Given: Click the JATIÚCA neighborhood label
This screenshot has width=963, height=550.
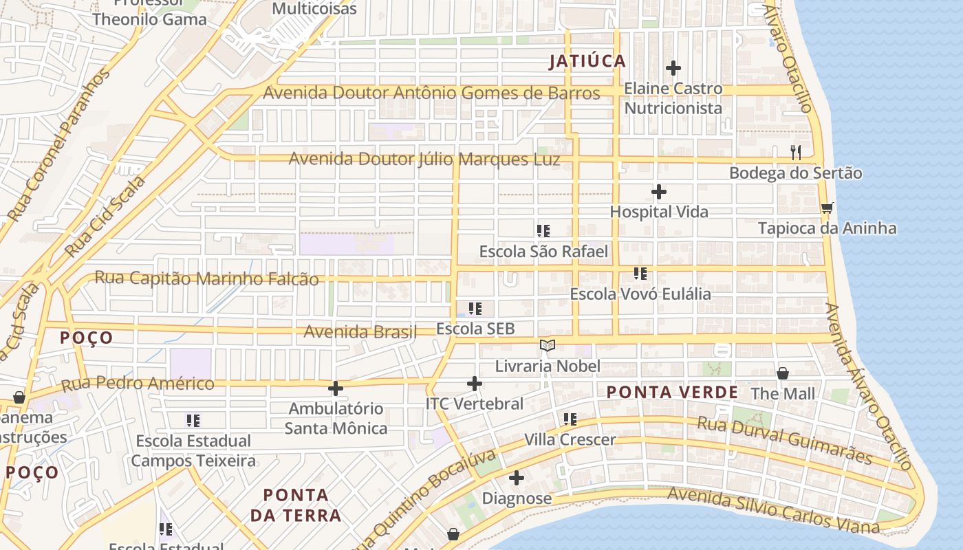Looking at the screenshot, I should (587, 61).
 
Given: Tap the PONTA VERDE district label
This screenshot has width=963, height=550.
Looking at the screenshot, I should (672, 393).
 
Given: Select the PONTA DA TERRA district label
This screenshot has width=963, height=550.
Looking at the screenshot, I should (296, 505).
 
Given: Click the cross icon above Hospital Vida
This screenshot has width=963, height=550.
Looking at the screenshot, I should (659, 191).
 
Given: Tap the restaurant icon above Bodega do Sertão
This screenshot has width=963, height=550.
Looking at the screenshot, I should (796, 152).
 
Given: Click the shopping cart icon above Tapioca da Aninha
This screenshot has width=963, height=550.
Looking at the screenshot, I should (827, 208).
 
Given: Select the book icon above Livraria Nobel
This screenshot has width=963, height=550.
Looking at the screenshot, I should (548, 345).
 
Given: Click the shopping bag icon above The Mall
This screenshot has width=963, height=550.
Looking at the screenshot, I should (783, 373).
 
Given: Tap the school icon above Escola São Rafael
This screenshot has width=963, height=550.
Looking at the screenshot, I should (543, 231).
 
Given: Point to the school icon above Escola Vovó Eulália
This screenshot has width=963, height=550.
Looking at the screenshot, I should (640, 274).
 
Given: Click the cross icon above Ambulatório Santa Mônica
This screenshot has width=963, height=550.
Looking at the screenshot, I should (336, 388).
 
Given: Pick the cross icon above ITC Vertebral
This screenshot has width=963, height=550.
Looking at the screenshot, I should (475, 384).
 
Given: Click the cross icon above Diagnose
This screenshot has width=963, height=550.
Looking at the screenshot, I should (517, 478).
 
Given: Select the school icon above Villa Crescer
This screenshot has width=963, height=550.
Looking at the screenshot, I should (570, 419).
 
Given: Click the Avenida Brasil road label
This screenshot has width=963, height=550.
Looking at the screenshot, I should (360, 332).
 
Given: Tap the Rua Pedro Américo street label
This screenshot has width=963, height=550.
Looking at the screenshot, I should (138, 384).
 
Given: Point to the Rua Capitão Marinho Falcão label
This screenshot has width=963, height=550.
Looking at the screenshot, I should (206, 278).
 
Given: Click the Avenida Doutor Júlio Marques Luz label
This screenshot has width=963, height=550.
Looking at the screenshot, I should (424, 159).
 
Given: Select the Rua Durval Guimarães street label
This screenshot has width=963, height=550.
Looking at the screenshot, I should (784, 440).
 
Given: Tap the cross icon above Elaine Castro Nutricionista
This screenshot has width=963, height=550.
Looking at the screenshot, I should (673, 68).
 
